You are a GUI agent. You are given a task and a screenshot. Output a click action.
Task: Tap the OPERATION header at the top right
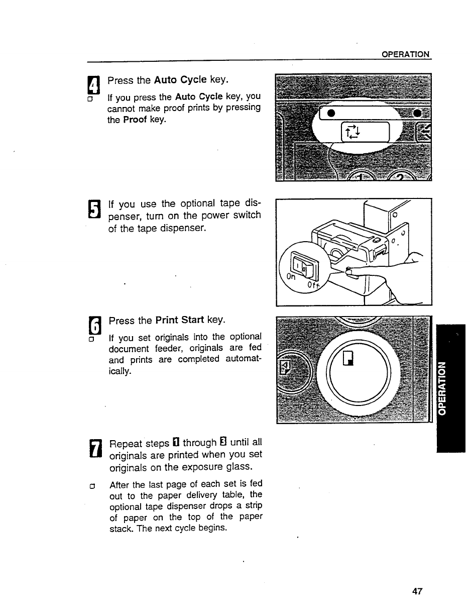click(x=405, y=54)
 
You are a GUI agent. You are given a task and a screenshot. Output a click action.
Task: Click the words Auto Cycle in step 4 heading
click(x=180, y=79)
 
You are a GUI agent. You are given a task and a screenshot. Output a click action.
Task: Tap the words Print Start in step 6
click(x=180, y=320)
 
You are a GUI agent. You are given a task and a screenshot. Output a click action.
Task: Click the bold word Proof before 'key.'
click(x=135, y=120)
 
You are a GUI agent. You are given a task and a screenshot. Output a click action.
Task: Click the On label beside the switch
click(x=290, y=276)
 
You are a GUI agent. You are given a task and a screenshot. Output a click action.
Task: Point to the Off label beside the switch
click(x=313, y=286)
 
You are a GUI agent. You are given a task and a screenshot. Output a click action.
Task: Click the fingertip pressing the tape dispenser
click(x=350, y=272)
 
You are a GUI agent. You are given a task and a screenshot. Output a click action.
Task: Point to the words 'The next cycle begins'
click(x=187, y=528)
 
